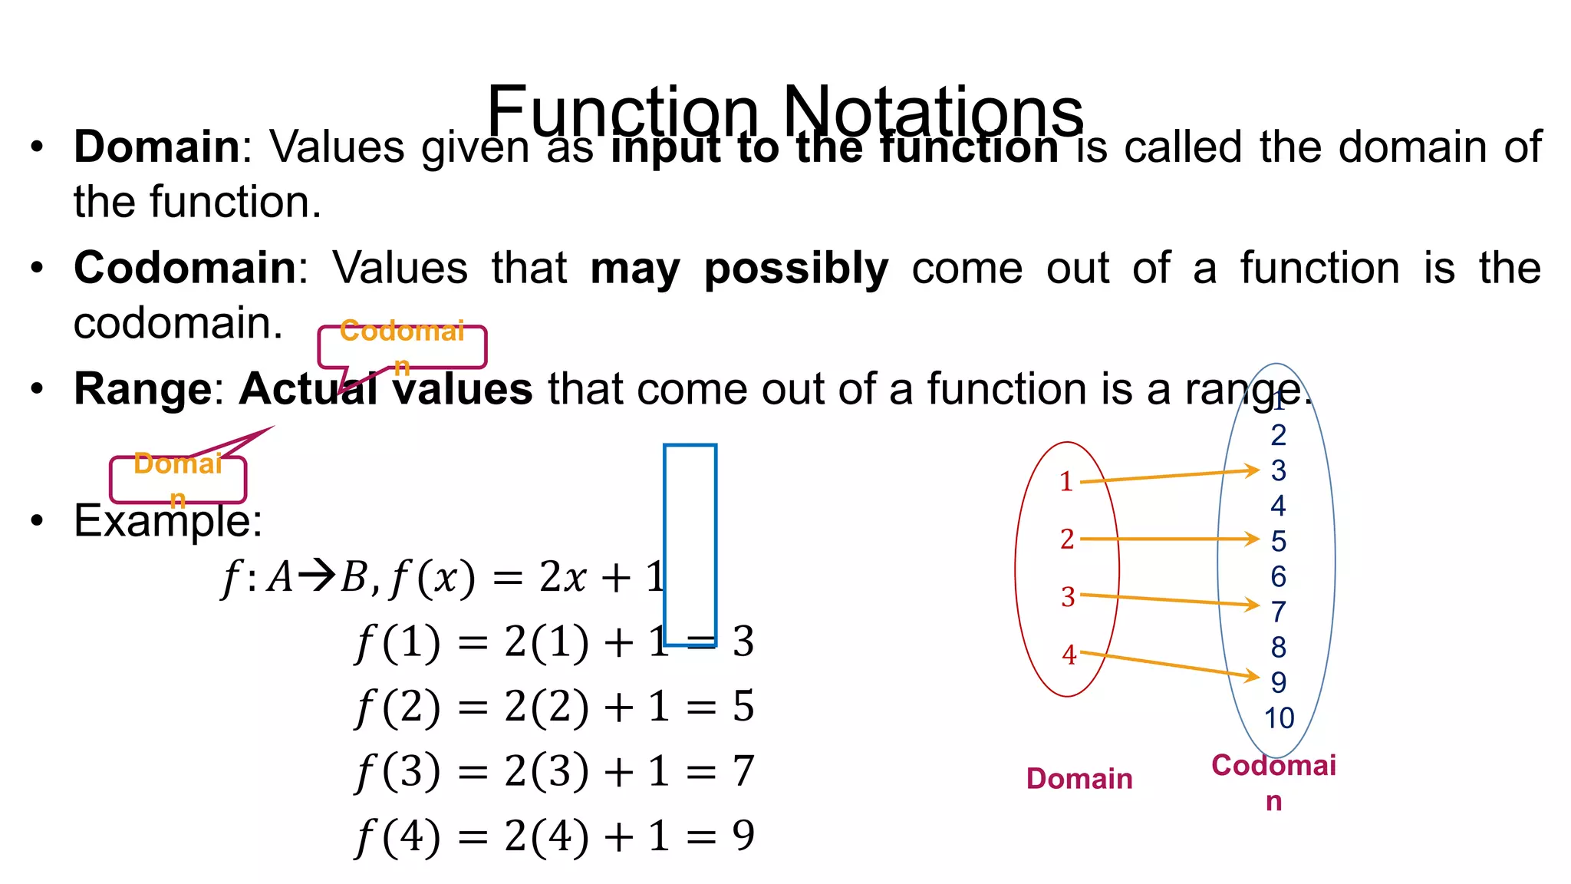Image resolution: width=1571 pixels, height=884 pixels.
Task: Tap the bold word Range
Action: pos(143,388)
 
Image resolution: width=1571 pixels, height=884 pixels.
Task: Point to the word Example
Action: pos(167,521)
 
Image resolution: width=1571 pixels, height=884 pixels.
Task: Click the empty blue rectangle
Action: pos(690,544)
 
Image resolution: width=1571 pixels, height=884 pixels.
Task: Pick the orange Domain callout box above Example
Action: pos(178,480)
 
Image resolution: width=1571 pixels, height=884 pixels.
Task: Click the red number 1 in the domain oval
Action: pos(1065,482)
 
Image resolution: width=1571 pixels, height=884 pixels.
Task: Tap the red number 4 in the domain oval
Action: pos(1069,655)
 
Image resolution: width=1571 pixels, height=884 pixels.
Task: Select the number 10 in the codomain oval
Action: pos(1279,718)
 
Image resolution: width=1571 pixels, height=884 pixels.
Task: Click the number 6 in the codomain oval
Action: pos(1278,576)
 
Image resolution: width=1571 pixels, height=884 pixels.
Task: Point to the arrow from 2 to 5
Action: pos(1170,539)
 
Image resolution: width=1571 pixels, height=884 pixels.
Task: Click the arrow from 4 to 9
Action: pos(1170,665)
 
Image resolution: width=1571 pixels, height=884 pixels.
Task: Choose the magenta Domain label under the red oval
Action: pos(1079,779)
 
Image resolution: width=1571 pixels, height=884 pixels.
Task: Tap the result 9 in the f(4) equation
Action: pos(743,836)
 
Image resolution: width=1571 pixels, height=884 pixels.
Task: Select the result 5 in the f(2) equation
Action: pos(743,706)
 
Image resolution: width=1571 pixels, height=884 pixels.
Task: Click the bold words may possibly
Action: pos(739,269)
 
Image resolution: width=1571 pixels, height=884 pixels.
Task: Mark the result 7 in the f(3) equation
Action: pos(743,771)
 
